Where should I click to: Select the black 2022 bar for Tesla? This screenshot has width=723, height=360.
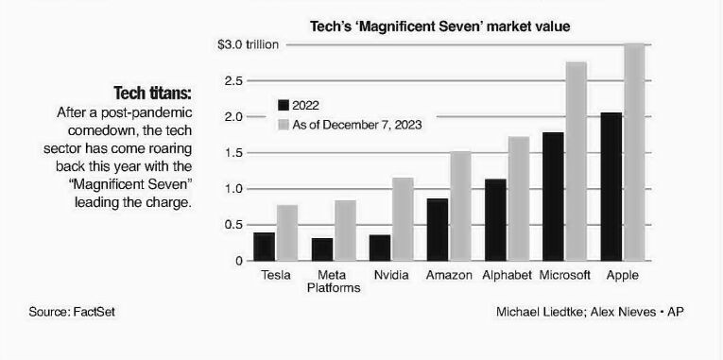tap(264, 247)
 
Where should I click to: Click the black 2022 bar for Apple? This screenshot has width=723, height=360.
tap(611, 186)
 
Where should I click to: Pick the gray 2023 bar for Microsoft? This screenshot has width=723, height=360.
tap(576, 161)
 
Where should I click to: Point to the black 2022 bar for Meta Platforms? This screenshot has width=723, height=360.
tap(322, 249)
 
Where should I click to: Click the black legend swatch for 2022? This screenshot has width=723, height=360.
tap(283, 105)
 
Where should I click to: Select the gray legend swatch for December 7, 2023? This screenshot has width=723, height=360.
tap(283, 124)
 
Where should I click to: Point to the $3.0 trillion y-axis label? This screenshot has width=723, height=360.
tap(247, 44)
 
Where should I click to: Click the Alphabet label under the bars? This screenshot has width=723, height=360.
tap(507, 275)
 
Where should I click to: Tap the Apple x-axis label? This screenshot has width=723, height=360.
tap(623, 275)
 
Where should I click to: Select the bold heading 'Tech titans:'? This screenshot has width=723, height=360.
tap(152, 94)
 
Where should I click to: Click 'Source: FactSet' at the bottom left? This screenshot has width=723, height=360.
tap(73, 311)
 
